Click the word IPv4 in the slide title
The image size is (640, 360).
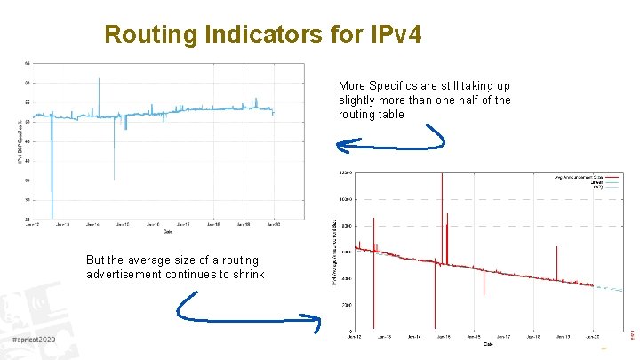390,35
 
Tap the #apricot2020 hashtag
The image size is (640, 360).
34,340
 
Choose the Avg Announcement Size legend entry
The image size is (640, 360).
578,177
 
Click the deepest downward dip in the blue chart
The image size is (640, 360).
52,213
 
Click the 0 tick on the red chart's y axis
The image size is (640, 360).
349,332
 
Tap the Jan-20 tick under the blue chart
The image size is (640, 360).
273,225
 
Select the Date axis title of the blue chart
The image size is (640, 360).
167,233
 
